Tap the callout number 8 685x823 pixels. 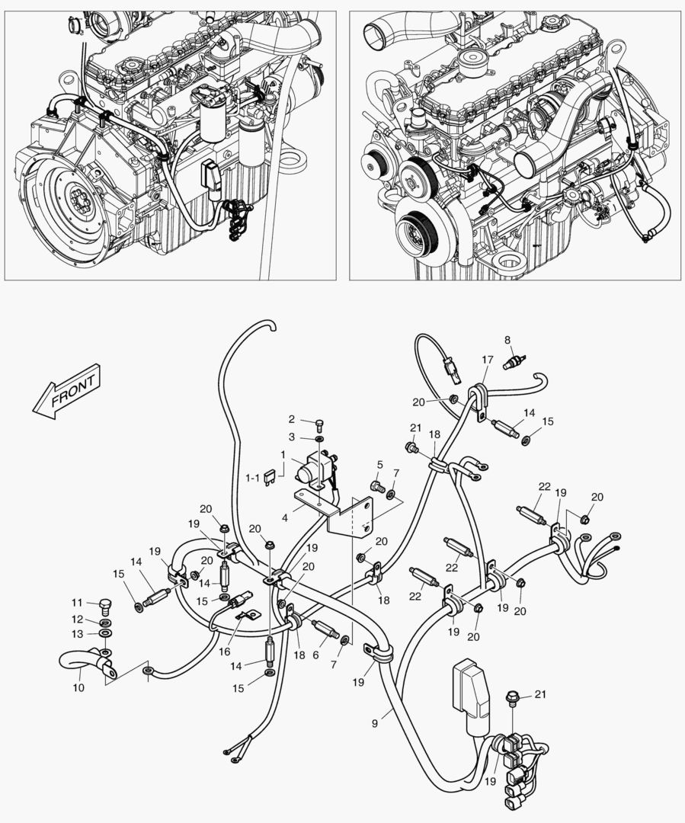pos(507,339)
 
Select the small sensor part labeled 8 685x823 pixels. pos(515,361)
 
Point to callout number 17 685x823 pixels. pos(487,360)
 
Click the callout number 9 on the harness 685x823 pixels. pos(375,723)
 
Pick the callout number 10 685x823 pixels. pos(78,687)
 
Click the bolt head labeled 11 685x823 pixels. pos(105,607)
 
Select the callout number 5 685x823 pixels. pos(379,464)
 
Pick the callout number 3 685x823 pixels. pos(291,437)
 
